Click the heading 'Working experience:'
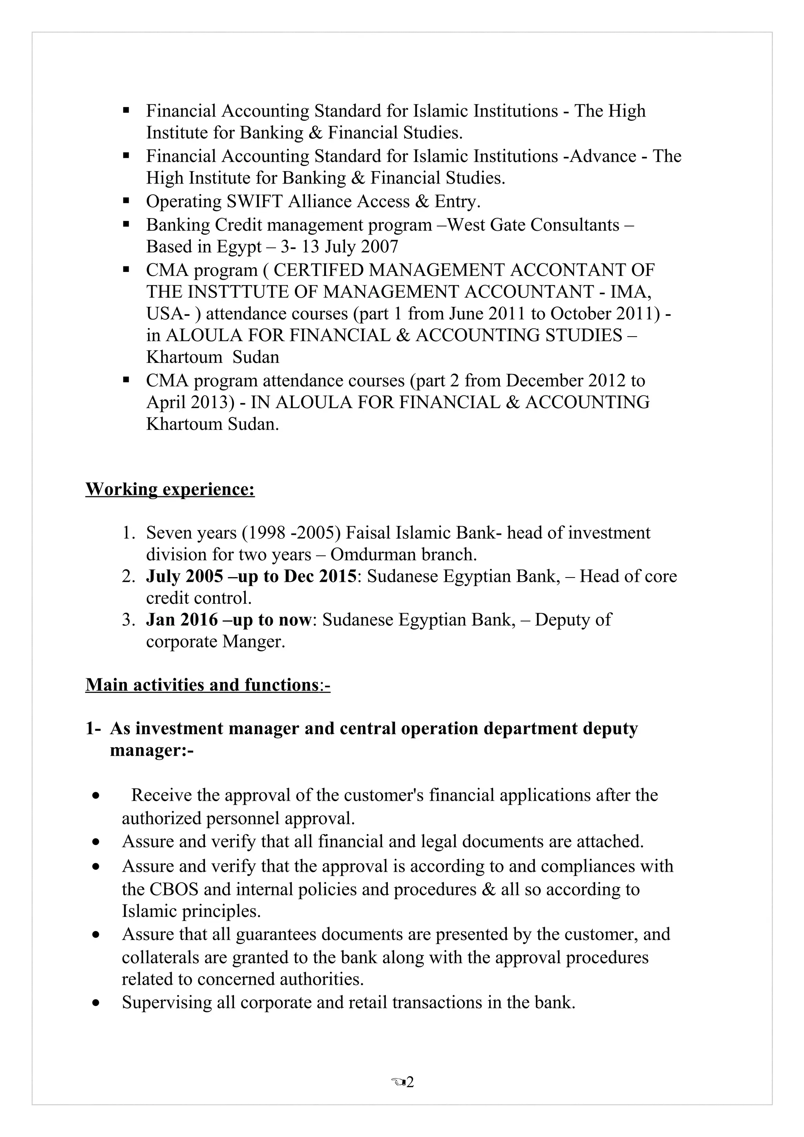pos(170,489)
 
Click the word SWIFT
pos(255,202)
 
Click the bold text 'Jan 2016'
pos(182,620)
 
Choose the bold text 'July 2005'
pos(184,576)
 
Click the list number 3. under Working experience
pos(128,620)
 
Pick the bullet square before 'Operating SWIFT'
pos(126,201)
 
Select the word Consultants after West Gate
pos(575,225)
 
